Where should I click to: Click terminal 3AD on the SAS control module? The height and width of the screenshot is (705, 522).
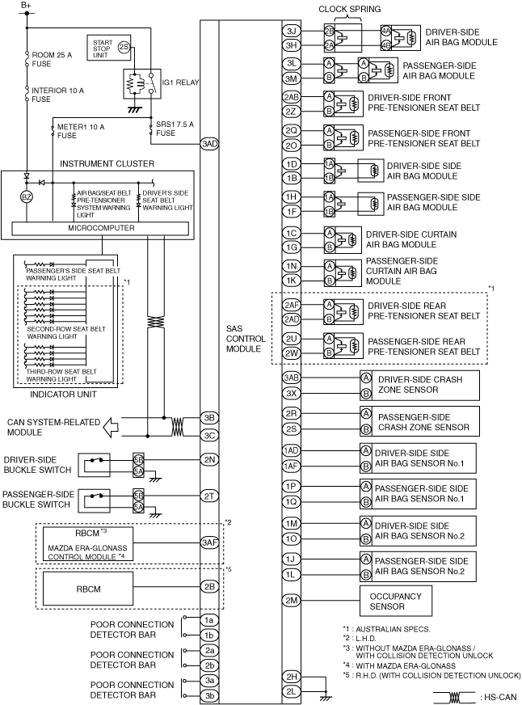tap(209, 144)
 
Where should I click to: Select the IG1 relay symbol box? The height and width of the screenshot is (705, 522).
tap(142, 84)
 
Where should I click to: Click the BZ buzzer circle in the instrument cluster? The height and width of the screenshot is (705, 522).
tap(27, 196)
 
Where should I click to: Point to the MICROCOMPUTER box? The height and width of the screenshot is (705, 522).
tap(100, 229)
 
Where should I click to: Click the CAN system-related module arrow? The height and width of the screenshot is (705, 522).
tap(111, 427)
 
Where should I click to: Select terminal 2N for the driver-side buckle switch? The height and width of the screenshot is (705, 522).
tap(209, 459)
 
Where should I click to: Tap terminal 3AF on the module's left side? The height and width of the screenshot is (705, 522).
tap(209, 542)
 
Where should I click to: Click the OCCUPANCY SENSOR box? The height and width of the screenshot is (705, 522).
tap(396, 602)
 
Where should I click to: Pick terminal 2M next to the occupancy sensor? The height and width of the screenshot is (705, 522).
tap(292, 600)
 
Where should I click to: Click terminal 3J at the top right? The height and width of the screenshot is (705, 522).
tap(292, 31)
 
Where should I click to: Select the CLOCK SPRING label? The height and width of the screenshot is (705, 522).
tap(350, 9)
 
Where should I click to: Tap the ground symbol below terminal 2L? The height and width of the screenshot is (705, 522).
tap(325, 698)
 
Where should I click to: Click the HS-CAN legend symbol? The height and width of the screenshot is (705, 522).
tap(455, 698)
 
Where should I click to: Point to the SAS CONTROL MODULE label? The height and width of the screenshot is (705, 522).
tap(246, 339)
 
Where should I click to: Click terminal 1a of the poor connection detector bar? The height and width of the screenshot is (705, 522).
tap(209, 620)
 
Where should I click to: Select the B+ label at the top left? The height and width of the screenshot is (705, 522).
tap(26, 6)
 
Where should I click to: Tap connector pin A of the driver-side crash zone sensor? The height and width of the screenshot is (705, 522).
tap(366, 378)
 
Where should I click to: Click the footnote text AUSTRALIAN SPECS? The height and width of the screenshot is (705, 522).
tap(393, 629)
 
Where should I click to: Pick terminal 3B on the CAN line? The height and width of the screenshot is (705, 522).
tap(209, 418)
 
